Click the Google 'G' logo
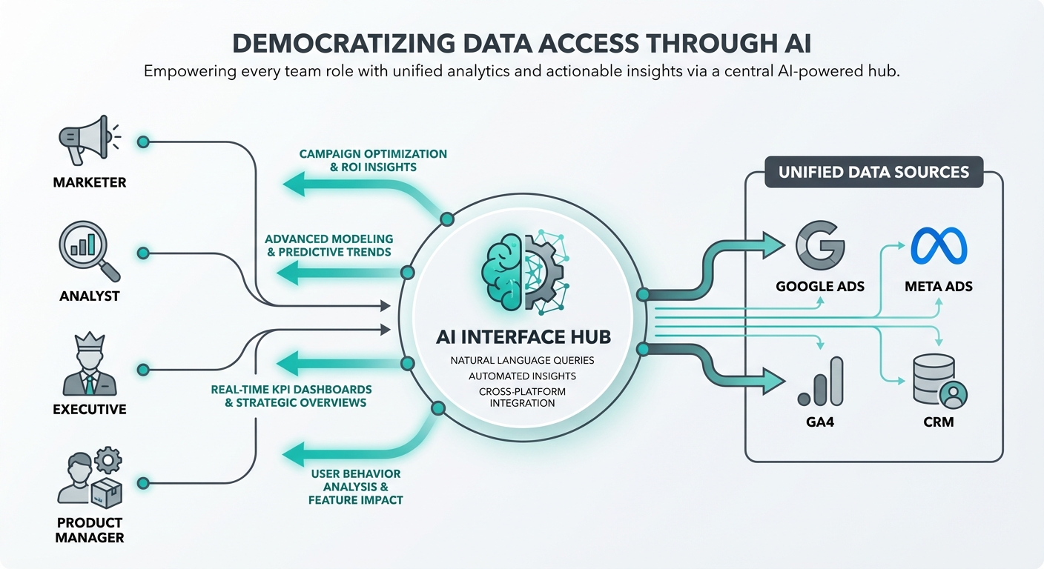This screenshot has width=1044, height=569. [819, 246]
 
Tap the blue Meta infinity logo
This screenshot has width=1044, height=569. [938, 246]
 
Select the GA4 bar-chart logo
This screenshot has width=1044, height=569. [820, 381]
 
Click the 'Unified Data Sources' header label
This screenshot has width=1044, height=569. [873, 172]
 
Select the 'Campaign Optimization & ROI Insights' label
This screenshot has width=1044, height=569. [373, 160]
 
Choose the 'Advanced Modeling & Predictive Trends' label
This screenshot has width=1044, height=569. [328, 245]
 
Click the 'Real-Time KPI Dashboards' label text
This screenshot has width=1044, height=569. [291, 389]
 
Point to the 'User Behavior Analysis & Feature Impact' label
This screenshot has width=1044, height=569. [356, 487]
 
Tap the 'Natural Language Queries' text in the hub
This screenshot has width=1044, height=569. [522, 361]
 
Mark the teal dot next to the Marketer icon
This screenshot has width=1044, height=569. [143, 142]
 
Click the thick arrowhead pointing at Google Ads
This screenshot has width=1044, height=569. [773, 244]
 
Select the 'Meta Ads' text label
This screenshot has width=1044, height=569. [938, 286]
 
